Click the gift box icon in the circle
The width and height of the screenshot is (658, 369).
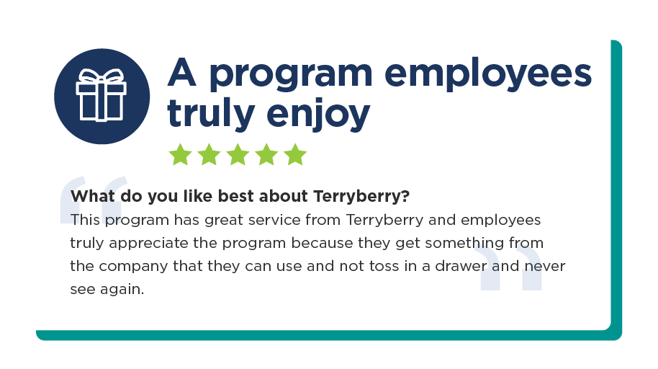click(101, 95)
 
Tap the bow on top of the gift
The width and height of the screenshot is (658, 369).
click(101, 76)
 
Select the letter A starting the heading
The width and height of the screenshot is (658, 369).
click(182, 72)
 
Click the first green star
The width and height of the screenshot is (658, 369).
click(181, 154)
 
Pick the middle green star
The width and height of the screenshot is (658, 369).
click(238, 154)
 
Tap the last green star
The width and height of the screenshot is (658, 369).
click(295, 154)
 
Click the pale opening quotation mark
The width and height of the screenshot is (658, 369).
click(93, 199)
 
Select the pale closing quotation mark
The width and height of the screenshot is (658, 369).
click(508, 267)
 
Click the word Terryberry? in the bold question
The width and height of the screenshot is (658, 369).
click(361, 197)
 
